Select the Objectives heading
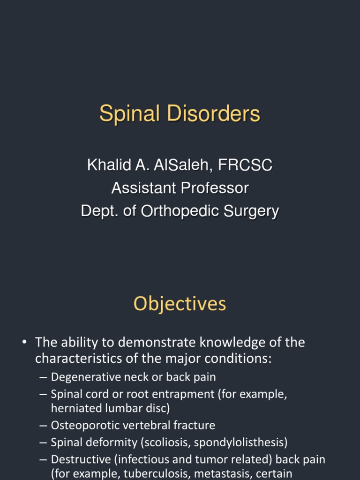[180, 304]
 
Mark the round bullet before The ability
[24, 343]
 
